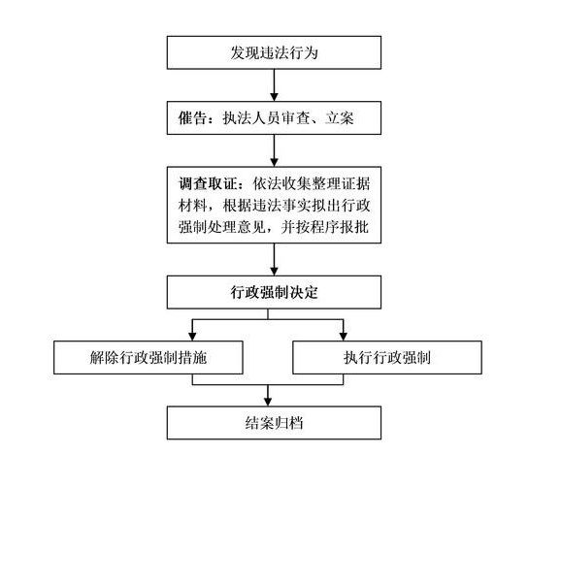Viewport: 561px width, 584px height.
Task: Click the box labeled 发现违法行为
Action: pyautogui.click(x=274, y=52)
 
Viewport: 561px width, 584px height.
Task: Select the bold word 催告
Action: pyautogui.click(x=192, y=118)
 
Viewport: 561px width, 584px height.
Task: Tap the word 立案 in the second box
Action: pyautogui.click(x=339, y=118)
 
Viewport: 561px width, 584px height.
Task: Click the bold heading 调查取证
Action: pyautogui.click(x=208, y=183)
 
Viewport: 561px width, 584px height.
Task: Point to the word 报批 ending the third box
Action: pyautogui.click(x=355, y=227)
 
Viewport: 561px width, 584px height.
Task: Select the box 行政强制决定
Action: pyautogui.click(x=274, y=292)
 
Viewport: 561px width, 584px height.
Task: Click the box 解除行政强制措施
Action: pyautogui.click(x=148, y=358)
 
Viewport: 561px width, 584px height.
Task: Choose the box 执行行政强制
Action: pyautogui.click(x=387, y=358)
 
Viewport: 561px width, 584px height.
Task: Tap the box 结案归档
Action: pyautogui.click(x=274, y=423)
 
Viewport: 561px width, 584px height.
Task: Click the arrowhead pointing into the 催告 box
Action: pyautogui.click(x=274, y=97)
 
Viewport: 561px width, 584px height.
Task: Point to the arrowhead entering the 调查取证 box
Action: pyautogui.click(x=274, y=162)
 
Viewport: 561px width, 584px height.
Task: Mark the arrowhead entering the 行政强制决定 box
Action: pyautogui.click(x=274, y=272)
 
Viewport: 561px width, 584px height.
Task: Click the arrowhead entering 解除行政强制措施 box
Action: pyautogui.click(x=192, y=337)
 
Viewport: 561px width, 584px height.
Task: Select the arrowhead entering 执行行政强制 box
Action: pyautogui.click(x=343, y=337)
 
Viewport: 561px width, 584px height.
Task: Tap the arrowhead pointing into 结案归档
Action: pyautogui.click(x=268, y=402)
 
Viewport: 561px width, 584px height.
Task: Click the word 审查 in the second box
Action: pyautogui.click(x=296, y=118)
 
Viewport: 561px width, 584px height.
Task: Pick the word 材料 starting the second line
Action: pyautogui.click(x=192, y=206)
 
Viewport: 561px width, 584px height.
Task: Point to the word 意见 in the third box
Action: pyautogui.click(x=251, y=227)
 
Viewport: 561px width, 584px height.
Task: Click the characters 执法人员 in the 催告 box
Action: pyautogui.click(x=251, y=118)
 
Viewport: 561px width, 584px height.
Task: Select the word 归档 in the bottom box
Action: pyautogui.click(x=289, y=423)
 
